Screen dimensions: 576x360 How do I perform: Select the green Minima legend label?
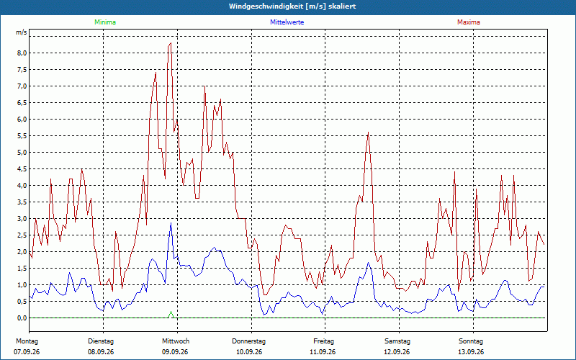coord(105,22)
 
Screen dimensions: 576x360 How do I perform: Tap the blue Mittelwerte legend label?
coord(287,22)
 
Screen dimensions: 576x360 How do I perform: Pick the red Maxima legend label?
coord(469,22)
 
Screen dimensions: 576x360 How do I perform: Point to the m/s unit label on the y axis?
coord(22,32)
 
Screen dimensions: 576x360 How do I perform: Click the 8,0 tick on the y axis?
coord(22,53)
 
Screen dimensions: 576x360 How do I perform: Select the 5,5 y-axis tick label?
coord(22,136)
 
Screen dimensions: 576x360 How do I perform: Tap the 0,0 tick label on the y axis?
coord(22,318)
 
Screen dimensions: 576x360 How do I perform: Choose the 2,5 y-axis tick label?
coord(22,235)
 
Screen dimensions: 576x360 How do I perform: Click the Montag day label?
coord(27,341)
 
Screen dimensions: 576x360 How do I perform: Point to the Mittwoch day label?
coord(176,341)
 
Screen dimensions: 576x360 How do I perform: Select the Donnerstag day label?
coord(248,341)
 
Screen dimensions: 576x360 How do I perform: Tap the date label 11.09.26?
coord(323,352)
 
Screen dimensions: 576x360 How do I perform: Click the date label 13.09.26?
coord(471,352)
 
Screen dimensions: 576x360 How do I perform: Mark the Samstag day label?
coord(397,341)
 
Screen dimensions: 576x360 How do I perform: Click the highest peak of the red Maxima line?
coord(171,43)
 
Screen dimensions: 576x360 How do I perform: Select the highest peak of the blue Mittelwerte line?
coord(171,223)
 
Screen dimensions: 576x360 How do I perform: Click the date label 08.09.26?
coord(101,352)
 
